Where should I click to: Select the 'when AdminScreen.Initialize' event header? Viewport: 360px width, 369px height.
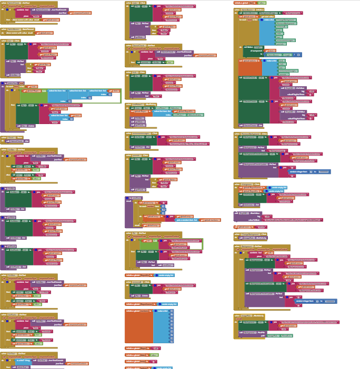pos(248,10)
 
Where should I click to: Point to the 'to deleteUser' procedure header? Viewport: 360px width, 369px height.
pos(13,83)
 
